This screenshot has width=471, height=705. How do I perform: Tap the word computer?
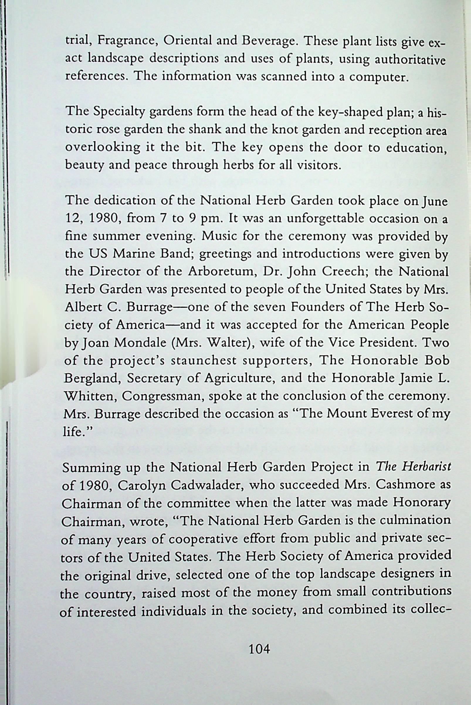coord(379,77)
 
